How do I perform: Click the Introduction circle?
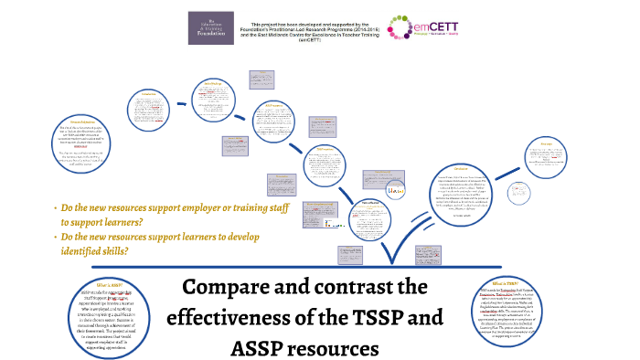149,110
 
